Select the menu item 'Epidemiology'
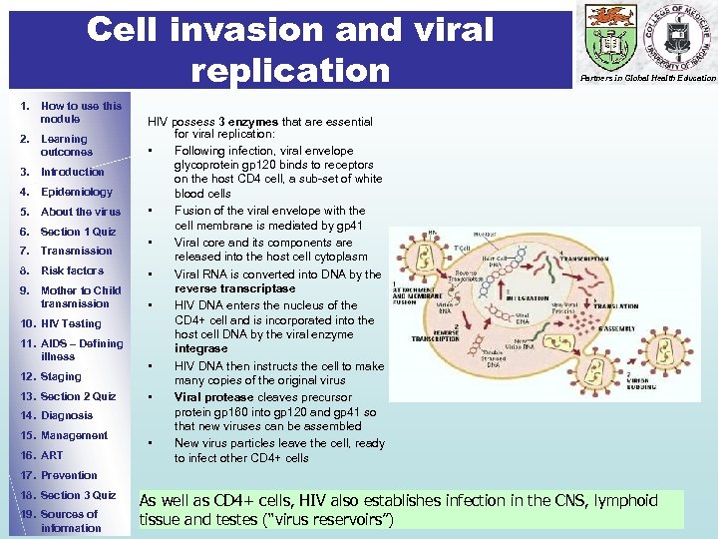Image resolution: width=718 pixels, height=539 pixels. coord(76,192)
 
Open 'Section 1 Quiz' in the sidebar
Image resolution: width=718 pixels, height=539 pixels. coord(78,232)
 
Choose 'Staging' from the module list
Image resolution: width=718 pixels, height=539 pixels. coord(60,376)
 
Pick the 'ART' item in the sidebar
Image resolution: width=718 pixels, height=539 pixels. coord(51,455)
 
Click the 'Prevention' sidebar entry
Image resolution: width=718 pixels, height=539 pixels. coord(69,475)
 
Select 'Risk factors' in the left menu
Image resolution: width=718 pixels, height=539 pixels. coord(72,270)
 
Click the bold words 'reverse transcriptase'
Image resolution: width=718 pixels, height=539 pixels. coord(235,288)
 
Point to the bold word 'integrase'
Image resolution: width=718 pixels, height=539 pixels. coord(200,348)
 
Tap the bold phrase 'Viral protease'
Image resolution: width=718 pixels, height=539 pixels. coord(213,396)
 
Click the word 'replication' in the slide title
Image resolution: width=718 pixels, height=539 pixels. coord(290,70)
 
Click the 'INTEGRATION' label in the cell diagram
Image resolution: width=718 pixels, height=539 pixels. coord(534,298)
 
